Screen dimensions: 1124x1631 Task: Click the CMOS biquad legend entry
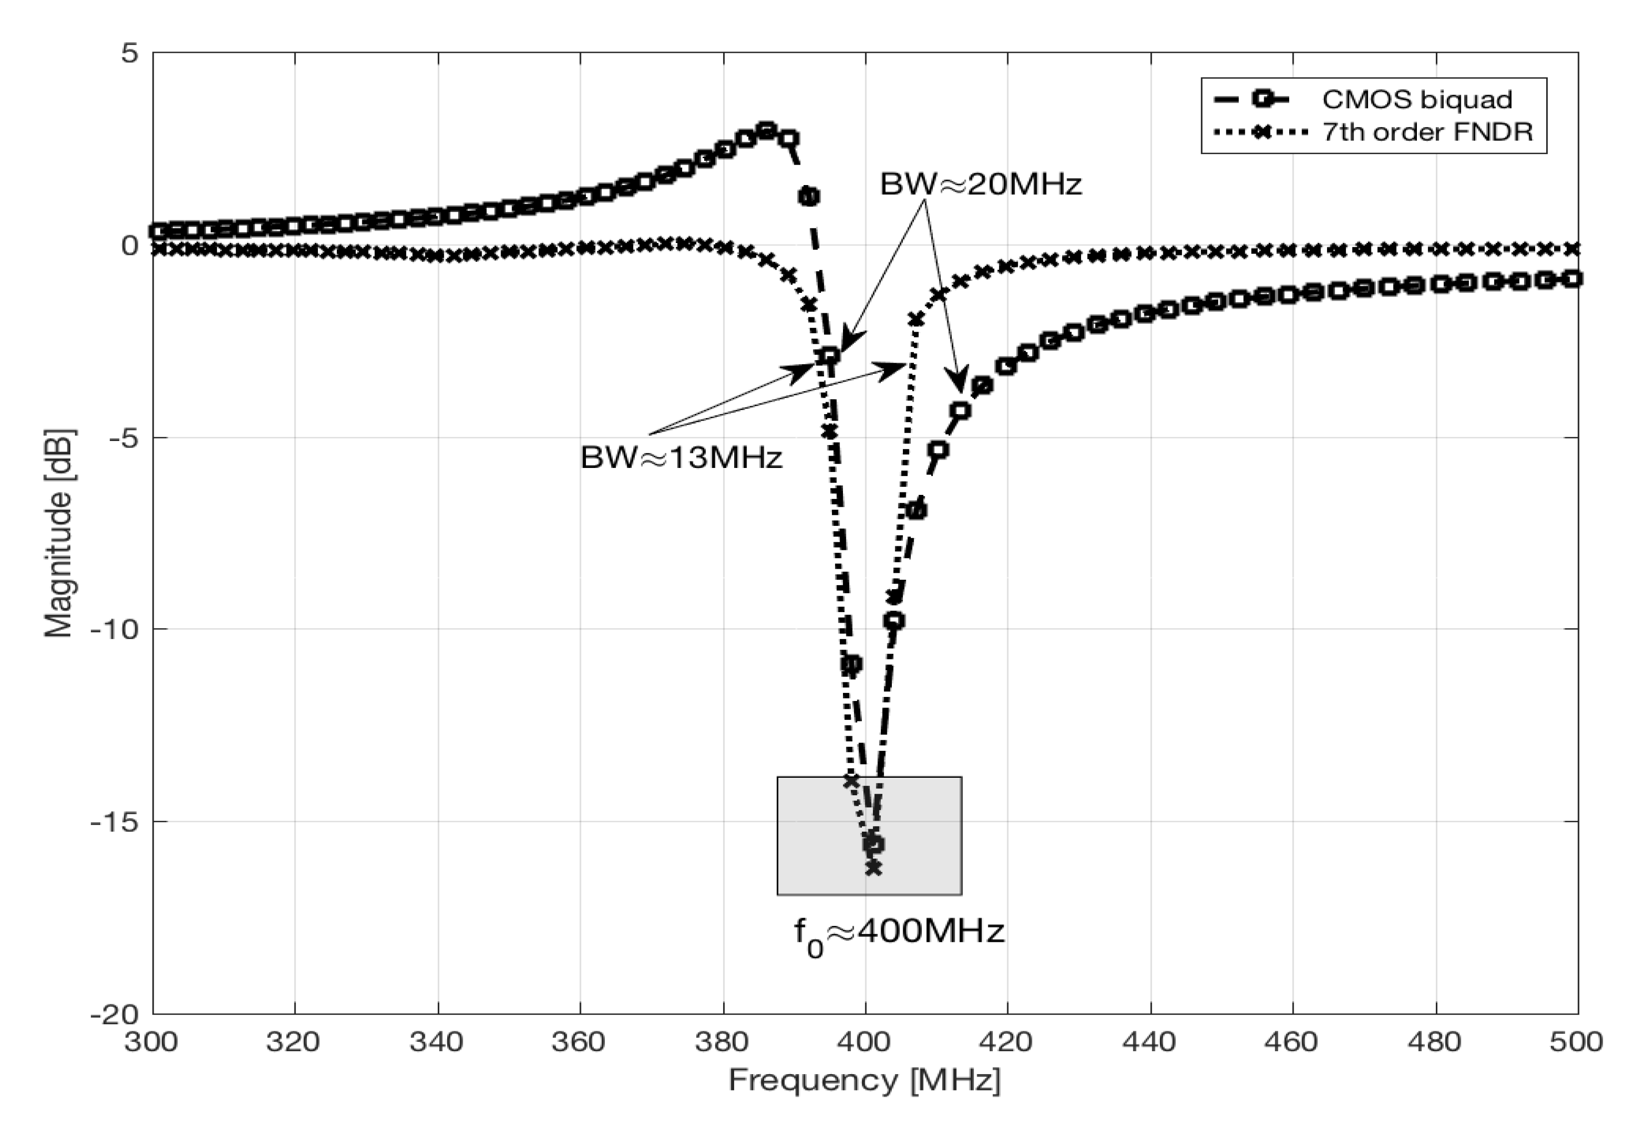point(1416,99)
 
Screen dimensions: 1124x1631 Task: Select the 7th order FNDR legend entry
point(1427,132)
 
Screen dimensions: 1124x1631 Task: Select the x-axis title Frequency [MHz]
point(864,1080)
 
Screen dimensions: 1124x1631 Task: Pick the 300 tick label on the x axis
point(152,1041)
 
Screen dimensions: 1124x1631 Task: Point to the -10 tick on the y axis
point(113,629)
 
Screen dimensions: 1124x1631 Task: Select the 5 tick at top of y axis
point(129,53)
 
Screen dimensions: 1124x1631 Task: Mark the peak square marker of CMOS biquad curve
point(767,130)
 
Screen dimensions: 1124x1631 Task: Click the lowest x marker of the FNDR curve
point(873,869)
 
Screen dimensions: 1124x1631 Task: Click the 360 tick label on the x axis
point(579,1041)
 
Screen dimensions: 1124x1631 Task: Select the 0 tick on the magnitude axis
point(129,246)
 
